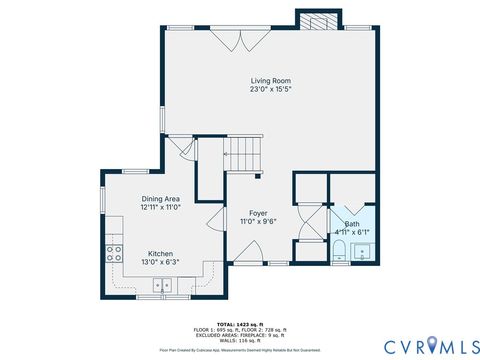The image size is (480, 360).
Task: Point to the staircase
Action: [x=241, y=155]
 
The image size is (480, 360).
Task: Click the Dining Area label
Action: [x=160, y=199]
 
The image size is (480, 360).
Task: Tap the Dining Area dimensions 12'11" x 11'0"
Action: [x=160, y=208]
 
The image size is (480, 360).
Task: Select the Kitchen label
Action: [x=160, y=254]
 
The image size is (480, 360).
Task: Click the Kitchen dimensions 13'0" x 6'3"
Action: [x=160, y=262]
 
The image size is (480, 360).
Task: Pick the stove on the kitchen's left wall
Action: [x=114, y=253]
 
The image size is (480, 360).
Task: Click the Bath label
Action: [x=352, y=223]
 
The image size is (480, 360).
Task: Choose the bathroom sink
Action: [x=361, y=250]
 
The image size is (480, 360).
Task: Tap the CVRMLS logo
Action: [x=420, y=346]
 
